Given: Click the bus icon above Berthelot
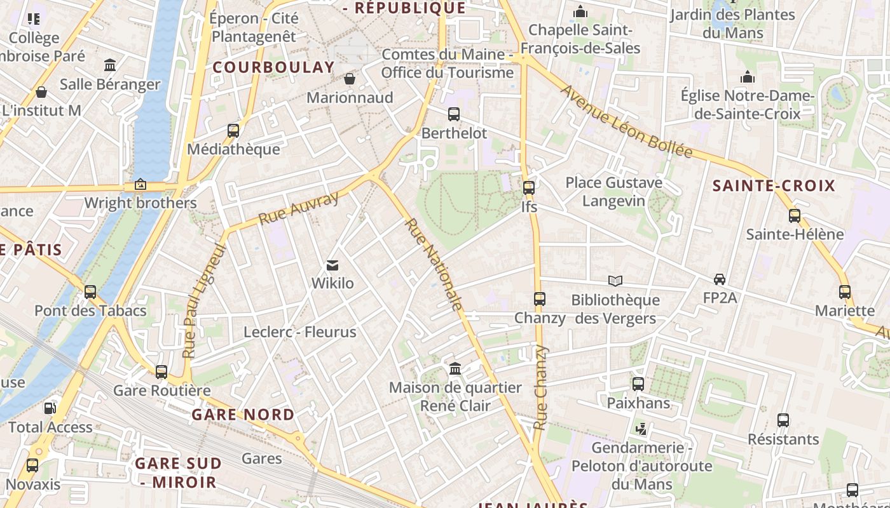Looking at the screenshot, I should (x=453, y=114).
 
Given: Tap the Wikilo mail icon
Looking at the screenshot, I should (x=332, y=265).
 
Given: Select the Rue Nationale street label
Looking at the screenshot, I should (x=433, y=265).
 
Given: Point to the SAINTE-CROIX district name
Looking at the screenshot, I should (x=774, y=186).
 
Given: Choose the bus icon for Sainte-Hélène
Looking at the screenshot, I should (x=794, y=215).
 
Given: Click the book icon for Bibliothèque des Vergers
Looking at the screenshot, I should (x=615, y=281).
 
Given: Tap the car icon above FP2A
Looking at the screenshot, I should (x=720, y=279).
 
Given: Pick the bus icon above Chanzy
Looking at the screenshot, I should (x=540, y=298).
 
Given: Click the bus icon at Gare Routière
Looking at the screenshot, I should (x=161, y=371).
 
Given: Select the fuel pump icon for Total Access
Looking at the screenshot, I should (x=50, y=408).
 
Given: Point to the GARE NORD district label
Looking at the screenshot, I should (x=243, y=415).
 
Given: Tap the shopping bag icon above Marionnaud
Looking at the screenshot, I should (x=350, y=79).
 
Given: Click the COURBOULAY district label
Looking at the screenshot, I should (x=273, y=67).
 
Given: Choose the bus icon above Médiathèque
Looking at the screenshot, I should (x=233, y=131).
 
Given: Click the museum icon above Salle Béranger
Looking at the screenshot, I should (x=110, y=65).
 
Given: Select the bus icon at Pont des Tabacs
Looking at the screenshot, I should (x=90, y=292).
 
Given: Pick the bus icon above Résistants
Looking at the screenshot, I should (x=783, y=420).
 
